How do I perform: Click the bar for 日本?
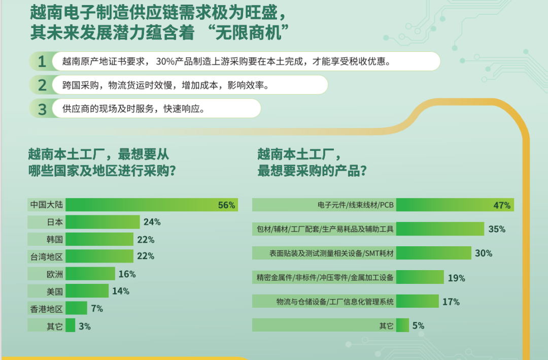[102, 222]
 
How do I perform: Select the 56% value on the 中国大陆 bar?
[226, 205]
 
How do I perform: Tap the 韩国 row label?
[55, 239]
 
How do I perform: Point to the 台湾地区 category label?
[47, 257]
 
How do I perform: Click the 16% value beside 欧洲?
[127, 274]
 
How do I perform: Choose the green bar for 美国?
[87, 291]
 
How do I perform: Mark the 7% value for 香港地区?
[97, 309]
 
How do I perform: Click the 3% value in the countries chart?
[85, 326]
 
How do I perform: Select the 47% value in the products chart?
[502, 205]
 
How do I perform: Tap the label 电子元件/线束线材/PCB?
[355, 205]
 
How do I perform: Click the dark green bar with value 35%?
[440, 229]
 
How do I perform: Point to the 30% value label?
[484, 253]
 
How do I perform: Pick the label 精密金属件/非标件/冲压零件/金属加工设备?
[325, 277]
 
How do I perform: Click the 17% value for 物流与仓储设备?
[451, 302]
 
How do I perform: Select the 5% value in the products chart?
[418, 325]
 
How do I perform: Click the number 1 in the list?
[42, 61]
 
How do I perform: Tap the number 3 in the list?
[42, 109]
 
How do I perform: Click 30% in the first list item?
[165, 61]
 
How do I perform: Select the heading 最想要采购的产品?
[312, 171]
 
